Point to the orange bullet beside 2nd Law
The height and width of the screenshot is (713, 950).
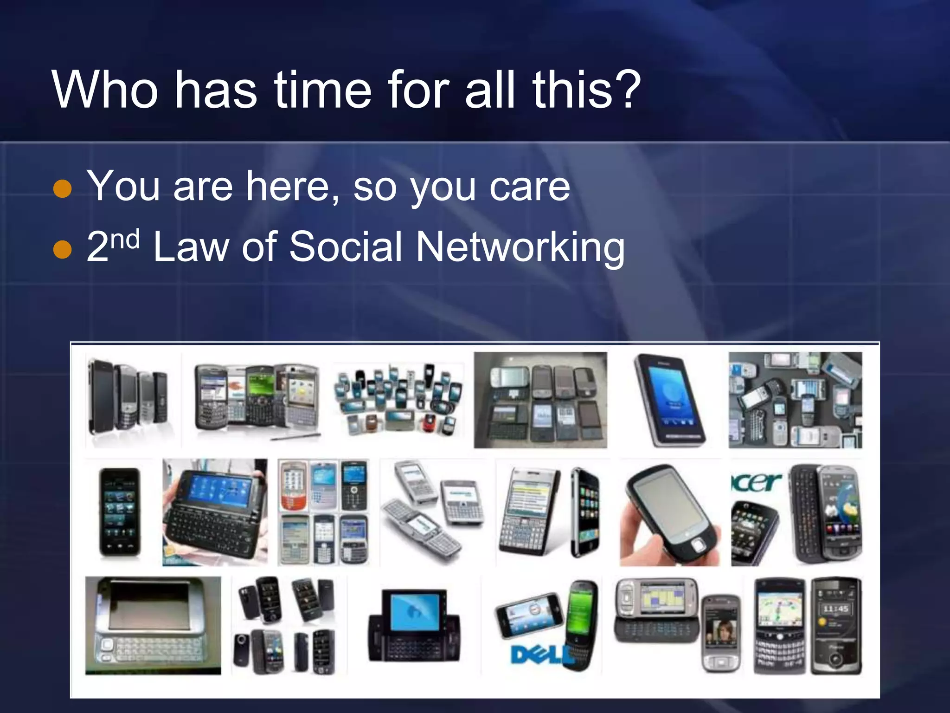63,249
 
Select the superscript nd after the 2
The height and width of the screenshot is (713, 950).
125,239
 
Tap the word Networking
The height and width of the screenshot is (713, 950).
520,247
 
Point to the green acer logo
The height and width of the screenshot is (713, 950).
756,482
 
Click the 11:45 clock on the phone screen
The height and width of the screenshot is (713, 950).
835,609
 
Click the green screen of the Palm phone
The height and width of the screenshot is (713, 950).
580,606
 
